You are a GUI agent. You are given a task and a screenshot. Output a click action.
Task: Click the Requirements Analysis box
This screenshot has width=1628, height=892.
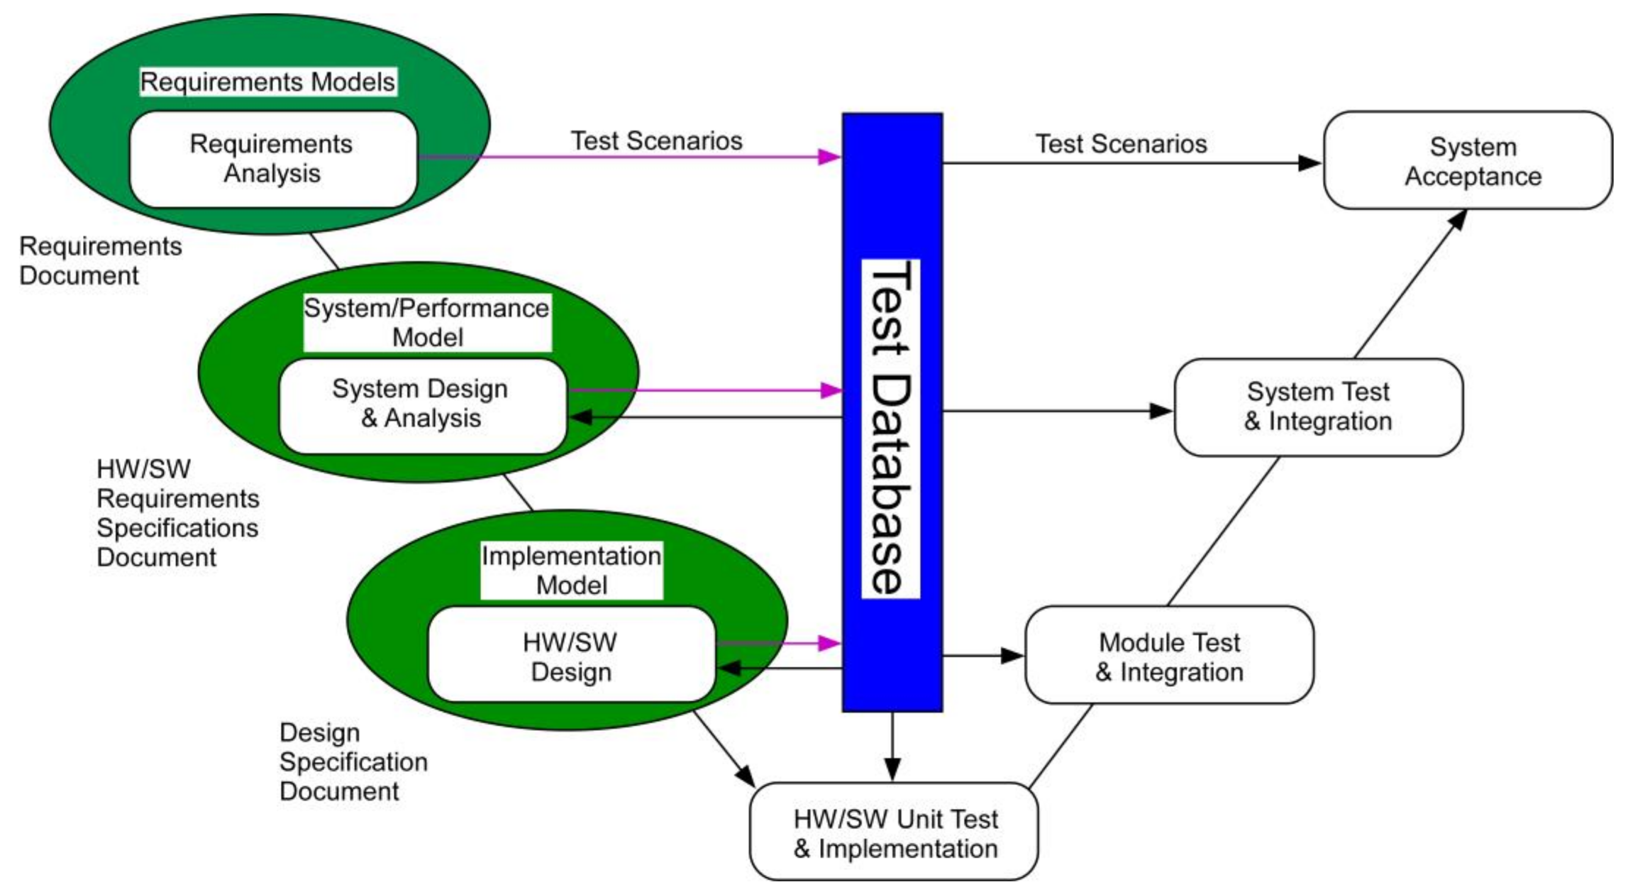coord(273,159)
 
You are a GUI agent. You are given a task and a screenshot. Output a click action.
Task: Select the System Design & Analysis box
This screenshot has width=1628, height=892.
coord(422,406)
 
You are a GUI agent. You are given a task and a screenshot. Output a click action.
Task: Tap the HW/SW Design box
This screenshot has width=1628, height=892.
coord(572,654)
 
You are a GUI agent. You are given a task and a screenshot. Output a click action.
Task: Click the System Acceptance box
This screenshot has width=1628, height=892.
coord(1467,161)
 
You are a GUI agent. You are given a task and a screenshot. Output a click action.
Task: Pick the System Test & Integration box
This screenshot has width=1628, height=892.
coord(1318,407)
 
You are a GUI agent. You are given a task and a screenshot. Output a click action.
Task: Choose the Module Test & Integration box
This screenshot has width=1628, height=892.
coord(1169,655)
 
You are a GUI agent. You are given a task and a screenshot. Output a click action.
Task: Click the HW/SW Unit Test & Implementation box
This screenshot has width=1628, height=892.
coord(893,832)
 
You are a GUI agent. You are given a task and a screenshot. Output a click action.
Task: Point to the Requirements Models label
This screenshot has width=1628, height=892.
coord(268,82)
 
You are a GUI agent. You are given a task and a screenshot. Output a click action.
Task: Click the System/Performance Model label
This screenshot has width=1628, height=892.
coord(427,322)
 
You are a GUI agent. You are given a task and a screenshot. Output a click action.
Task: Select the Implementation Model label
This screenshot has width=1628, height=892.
coord(572,570)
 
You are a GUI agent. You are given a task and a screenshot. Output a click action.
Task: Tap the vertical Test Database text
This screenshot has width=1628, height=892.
coord(891,429)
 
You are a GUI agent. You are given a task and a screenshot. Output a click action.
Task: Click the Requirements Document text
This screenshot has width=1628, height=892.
coord(100,261)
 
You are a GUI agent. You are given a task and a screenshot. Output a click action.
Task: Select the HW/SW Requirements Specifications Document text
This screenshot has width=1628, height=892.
coord(178,513)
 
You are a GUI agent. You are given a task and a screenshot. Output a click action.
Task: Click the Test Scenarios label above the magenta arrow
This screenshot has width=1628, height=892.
coord(656,141)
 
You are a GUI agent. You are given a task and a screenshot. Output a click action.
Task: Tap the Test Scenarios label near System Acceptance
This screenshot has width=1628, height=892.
coord(1121,144)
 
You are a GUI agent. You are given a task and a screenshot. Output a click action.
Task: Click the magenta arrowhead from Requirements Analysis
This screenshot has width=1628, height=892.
coord(829,157)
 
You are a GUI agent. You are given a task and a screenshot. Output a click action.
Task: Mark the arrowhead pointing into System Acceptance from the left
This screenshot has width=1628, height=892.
coord(1309,163)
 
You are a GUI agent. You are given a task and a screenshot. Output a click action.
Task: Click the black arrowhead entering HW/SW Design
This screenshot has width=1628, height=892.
coord(729,668)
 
